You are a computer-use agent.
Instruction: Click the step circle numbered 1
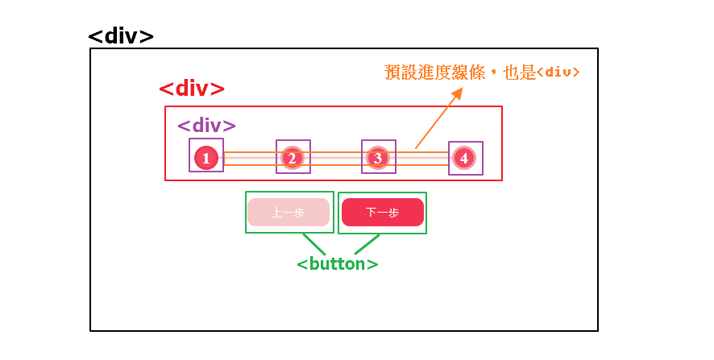206,158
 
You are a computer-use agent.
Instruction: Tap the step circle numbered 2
293,158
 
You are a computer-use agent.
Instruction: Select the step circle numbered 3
378,158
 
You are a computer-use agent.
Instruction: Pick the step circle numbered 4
463,158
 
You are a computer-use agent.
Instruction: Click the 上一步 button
289,213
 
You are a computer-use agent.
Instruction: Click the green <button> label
337,263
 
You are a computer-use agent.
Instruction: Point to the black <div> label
121,37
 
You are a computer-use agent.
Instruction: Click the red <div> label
192,89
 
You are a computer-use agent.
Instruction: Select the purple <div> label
206,126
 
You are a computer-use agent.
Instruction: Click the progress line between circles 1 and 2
250,158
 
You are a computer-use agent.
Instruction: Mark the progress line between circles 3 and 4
421,158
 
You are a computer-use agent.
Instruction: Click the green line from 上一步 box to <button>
313,244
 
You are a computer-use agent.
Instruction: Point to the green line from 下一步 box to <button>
367,244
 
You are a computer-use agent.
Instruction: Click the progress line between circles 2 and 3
335,158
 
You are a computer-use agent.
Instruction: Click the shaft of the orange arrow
436,122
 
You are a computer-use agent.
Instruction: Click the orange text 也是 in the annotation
519,72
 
